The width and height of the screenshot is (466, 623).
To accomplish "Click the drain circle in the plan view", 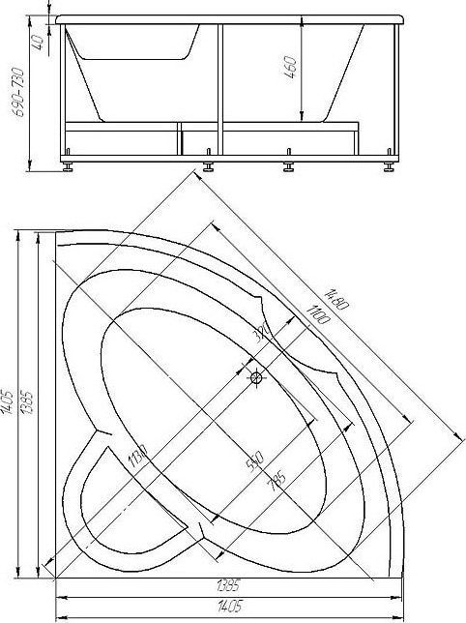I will click(256, 378).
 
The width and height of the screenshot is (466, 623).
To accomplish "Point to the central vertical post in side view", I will click(221, 87).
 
